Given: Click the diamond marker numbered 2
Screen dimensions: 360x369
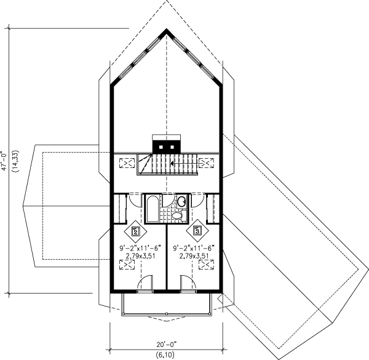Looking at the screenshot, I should [135, 232].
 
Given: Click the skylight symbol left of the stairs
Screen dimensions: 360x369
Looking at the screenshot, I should [127, 164].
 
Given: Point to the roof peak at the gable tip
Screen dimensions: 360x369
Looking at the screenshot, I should [167, 30].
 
